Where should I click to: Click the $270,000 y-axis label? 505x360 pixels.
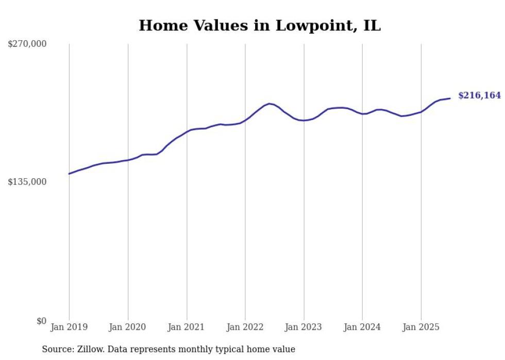(x=27, y=44)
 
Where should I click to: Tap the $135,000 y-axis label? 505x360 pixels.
(x=27, y=182)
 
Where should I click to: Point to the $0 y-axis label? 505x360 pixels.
(x=41, y=321)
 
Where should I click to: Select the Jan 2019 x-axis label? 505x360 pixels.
(x=69, y=327)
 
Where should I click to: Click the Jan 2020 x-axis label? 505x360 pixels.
(x=128, y=327)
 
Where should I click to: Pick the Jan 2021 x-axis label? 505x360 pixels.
(x=187, y=327)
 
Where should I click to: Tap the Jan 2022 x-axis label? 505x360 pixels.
(x=245, y=327)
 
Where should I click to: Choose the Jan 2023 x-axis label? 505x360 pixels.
(x=304, y=327)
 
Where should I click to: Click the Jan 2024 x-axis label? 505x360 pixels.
(x=362, y=327)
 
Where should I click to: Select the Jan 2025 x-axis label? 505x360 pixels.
(x=421, y=327)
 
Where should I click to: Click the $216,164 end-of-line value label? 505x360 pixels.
(x=479, y=95)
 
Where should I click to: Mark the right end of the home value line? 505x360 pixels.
(x=450, y=98)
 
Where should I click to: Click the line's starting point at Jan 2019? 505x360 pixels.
(x=69, y=174)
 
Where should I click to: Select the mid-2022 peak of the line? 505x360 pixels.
(x=270, y=104)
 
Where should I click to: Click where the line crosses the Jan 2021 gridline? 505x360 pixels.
(x=187, y=131)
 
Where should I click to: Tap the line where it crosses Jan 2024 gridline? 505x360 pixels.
(x=362, y=114)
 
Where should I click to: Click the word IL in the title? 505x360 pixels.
(x=371, y=26)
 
